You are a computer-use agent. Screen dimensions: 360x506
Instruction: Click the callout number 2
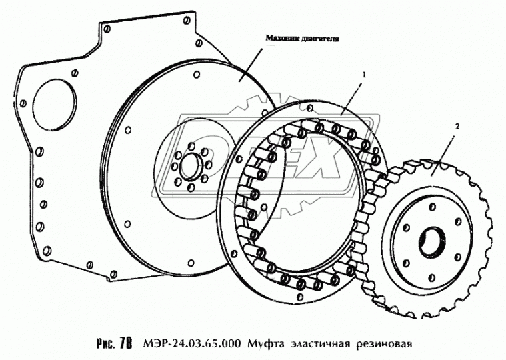457,125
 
